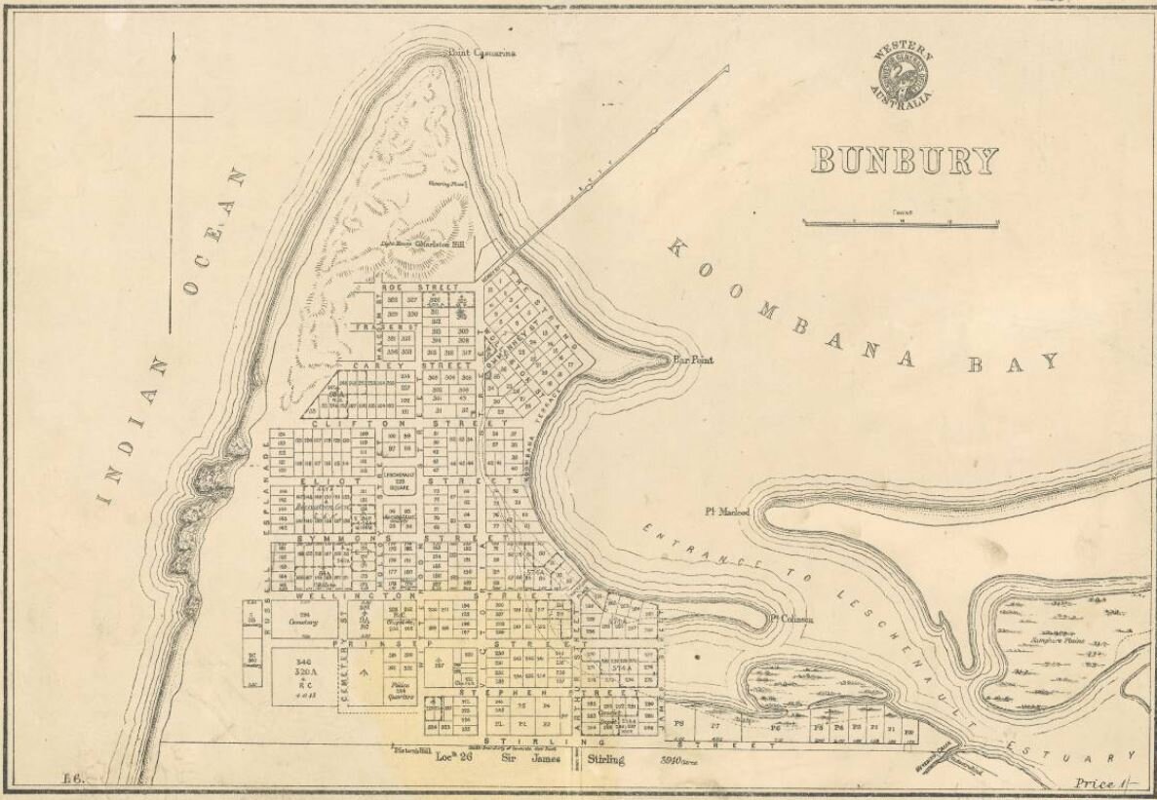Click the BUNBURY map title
tap(904, 161)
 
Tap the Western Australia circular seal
tap(902, 75)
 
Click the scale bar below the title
tap(900, 223)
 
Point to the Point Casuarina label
tap(482, 54)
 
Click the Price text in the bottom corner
tap(1094, 782)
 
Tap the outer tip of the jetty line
tap(726, 67)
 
